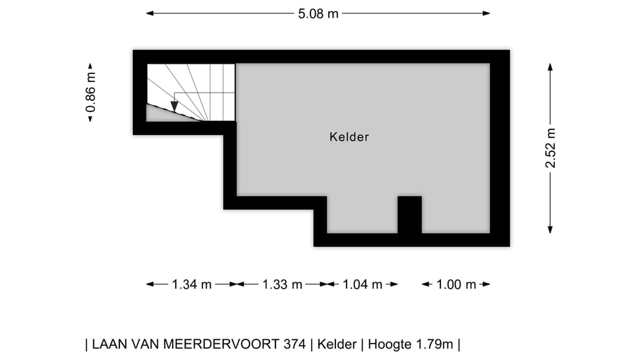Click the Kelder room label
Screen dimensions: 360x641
click(349, 137)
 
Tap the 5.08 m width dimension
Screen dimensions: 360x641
click(318, 13)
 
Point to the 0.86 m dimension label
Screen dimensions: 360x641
click(90, 92)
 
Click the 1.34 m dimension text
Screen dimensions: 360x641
click(192, 285)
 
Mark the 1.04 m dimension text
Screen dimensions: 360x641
click(362, 285)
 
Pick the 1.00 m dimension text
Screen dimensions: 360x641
click(456, 285)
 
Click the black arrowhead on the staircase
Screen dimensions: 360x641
click(174, 106)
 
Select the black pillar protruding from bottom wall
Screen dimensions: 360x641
click(410, 214)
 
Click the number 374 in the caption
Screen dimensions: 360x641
click(296, 344)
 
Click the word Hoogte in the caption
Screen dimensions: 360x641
click(392, 344)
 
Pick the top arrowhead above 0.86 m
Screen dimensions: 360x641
click(90, 67)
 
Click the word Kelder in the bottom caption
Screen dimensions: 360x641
click(337, 344)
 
